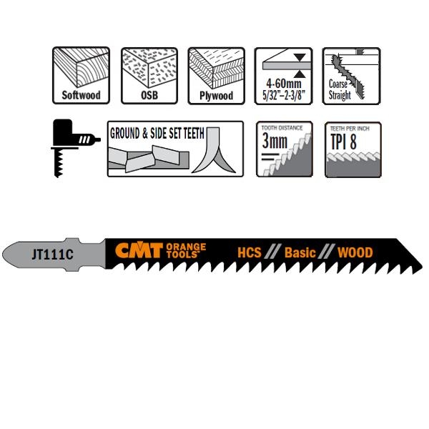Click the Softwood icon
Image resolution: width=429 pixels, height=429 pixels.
81,75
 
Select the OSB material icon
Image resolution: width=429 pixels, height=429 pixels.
149,75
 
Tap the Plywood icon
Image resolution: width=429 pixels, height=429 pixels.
216,75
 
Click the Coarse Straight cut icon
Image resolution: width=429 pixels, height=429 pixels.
352,75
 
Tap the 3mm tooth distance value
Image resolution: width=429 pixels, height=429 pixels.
275,142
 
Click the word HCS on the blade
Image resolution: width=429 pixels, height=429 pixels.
250,252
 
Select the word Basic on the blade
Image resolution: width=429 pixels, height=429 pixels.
300,252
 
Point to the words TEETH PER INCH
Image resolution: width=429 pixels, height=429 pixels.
352,128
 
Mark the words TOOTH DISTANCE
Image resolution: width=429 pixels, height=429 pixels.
283,128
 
